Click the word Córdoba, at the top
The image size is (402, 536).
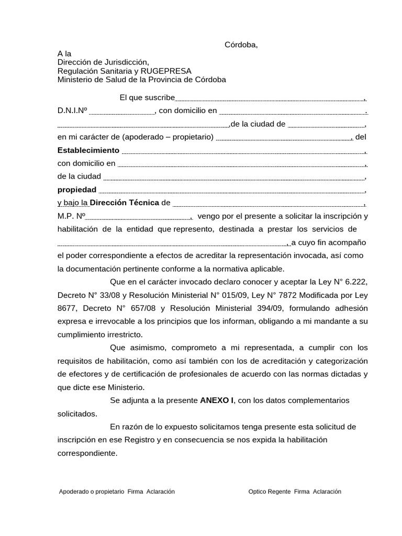[x=241, y=44]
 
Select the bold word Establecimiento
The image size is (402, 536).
[x=88, y=150]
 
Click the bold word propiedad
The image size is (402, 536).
[x=77, y=189]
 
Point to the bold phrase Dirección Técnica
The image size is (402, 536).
[x=125, y=203]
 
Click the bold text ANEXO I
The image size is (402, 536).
[x=217, y=400]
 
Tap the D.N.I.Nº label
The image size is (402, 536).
[x=72, y=110]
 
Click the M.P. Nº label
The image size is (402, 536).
[x=71, y=216]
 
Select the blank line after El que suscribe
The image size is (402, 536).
[x=270, y=99]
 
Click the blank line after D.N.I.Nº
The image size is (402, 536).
[x=122, y=113]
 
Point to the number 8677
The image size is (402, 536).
[x=68, y=308]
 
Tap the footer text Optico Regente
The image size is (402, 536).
[x=270, y=492]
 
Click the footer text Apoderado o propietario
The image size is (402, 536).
[x=92, y=492]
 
